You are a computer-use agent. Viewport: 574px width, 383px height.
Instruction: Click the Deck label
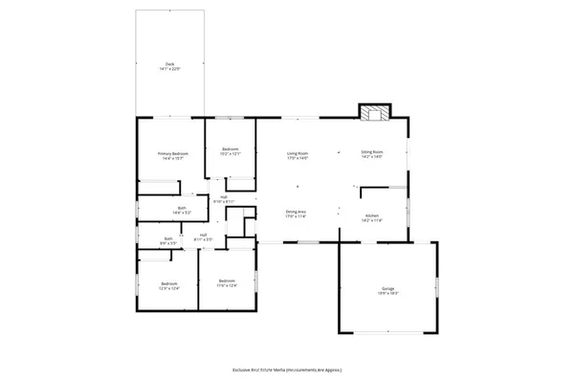tap(168, 65)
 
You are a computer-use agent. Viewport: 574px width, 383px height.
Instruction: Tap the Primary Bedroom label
tap(173, 153)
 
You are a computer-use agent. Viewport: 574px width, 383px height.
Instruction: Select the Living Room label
tap(298, 152)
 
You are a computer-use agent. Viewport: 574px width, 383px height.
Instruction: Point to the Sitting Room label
tap(371, 152)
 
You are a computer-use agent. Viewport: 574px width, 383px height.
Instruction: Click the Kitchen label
tap(371, 214)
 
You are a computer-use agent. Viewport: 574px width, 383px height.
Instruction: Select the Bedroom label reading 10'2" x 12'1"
tap(230, 149)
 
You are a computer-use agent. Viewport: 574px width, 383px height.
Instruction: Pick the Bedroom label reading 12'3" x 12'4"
tap(169, 283)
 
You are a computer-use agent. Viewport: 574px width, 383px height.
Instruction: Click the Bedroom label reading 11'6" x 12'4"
tap(227, 281)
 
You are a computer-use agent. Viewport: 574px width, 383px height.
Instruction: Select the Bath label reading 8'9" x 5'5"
tap(168, 239)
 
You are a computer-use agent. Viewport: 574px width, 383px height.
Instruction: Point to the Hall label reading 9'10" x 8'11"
tap(223, 197)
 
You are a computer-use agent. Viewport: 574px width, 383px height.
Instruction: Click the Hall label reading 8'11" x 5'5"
tap(204, 236)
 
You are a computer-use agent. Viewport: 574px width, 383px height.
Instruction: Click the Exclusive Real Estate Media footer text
tap(287, 369)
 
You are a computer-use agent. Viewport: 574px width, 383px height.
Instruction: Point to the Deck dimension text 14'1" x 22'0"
tap(168, 69)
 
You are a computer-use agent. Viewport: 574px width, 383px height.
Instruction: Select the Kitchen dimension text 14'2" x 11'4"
tap(371, 218)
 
